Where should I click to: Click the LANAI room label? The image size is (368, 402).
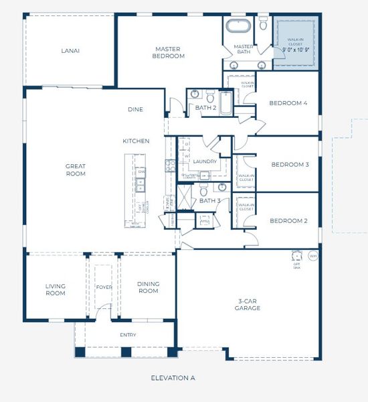(x=71, y=50)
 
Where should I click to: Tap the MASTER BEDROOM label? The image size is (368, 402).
(x=169, y=52)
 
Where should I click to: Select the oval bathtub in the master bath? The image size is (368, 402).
(x=236, y=27)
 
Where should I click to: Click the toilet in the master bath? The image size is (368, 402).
(x=263, y=24)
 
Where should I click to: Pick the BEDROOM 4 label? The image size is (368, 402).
(x=288, y=103)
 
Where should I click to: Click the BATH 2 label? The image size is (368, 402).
(x=205, y=107)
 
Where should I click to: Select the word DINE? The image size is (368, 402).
(x=136, y=109)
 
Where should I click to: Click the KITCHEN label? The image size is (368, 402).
(x=136, y=141)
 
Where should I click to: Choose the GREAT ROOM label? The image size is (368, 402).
(x=75, y=170)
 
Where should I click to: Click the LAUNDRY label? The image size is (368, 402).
(x=204, y=161)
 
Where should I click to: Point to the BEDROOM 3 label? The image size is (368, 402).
(x=289, y=164)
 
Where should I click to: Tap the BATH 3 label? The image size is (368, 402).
(x=209, y=200)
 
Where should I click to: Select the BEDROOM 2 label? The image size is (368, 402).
(x=288, y=220)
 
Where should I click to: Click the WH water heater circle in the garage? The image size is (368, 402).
(x=312, y=255)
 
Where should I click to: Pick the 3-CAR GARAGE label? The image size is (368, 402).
(x=248, y=305)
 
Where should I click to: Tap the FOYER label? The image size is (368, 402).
(x=104, y=287)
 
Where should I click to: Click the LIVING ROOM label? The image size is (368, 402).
(x=55, y=289)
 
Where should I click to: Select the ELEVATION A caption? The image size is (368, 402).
(x=173, y=378)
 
